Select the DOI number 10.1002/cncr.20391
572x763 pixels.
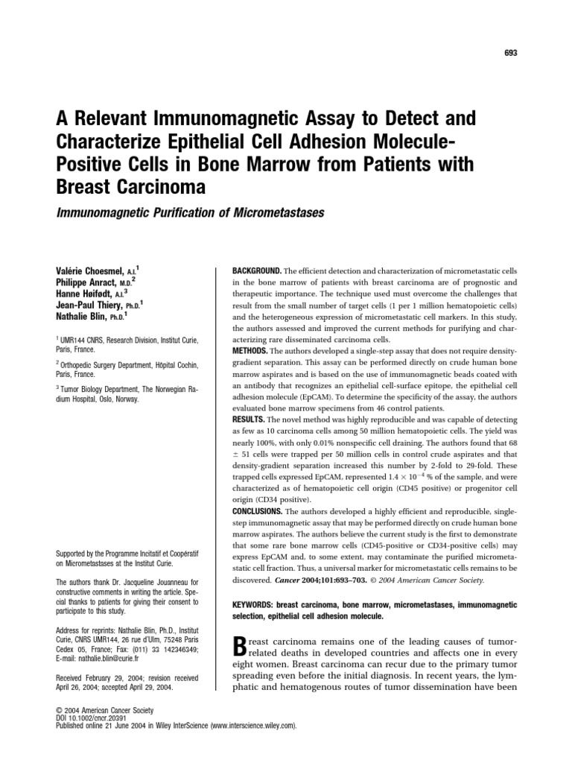coord(99,718)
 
